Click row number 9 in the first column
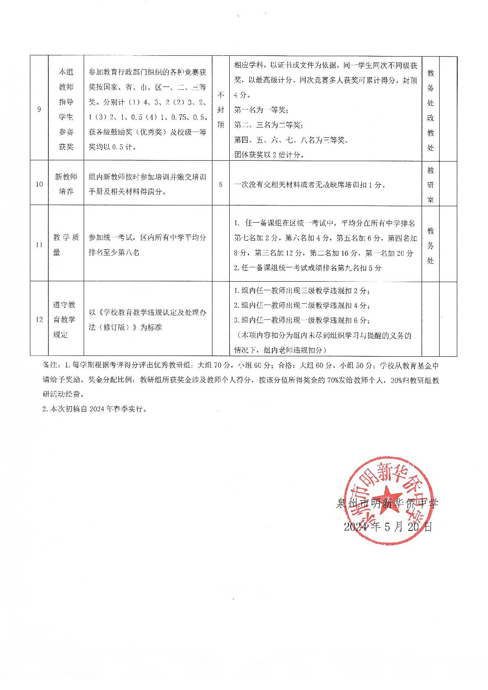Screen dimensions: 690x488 pyautogui.click(x=39, y=109)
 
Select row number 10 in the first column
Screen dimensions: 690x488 pyautogui.click(x=39, y=184)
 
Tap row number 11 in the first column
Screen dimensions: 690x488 pyautogui.click(x=39, y=245)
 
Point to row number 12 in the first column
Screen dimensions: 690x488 pyautogui.click(x=39, y=319)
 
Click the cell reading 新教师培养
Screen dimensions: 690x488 pyautogui.click(x=66, y=184)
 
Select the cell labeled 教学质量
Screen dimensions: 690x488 pyautogui.click(x=66, y=245)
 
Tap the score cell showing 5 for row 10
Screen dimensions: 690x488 pyautogui.click(x=221, y=184)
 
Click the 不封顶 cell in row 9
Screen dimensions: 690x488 pyautogui.click(x=221, y=109)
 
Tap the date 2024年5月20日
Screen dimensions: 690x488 pyautogui.click(x=388, y=527)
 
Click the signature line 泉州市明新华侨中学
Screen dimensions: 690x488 pyautogui.click(x=387, y=503)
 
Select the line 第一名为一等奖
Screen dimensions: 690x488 pyautogui.click(x=261, y=110)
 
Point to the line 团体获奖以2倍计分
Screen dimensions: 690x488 pyautogui.click(x=269, y=155)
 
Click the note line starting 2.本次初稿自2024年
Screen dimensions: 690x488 pyautogui.click(x=94, y=409)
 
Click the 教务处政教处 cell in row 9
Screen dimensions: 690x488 pyautogui.click(x=431, y=109)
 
